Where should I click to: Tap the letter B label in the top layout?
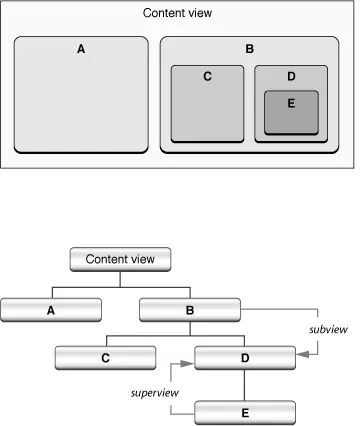pyautogui.click(x=250, y=48)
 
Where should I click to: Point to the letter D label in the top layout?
pyautogui.click(x=291, y=75)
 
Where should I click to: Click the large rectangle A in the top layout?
pyautogui.click(x=81, y=100)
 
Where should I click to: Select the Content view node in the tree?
pyautogui.click(x=120, y=259)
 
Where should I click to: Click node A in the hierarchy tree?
pyautogui.click(x=50, y=310)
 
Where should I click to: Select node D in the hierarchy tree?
pyautogui.click(x=244, y=358)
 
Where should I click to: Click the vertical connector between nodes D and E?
pyautogui.click(x=244, y=384)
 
